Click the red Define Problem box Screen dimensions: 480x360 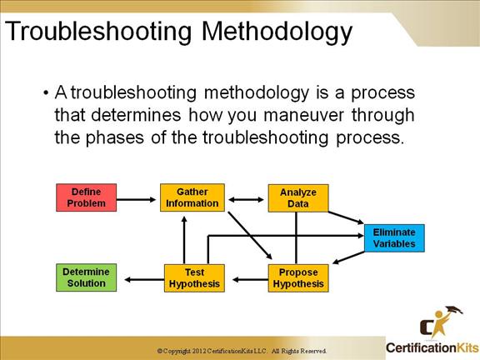(87, 197)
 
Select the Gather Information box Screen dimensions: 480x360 (192, 197)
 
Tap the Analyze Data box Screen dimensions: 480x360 (298, 198)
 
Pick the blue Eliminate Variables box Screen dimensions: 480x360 (394, 237)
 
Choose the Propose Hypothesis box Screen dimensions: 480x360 (298, 278)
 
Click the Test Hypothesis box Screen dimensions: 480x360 (194, 278)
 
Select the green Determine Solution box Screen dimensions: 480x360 (87, 277)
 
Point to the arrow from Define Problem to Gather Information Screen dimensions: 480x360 (136, 200)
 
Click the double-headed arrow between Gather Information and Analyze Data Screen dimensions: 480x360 (246, 200)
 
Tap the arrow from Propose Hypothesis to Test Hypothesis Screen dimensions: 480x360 (250, 279)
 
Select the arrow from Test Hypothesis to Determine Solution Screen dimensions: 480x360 (144, 279)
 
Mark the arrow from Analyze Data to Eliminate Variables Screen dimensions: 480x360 (346, 217)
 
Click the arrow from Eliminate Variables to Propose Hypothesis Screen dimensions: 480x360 (348, 257)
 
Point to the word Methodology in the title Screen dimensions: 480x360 (277, 32)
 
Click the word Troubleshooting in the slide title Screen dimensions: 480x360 (98, 32)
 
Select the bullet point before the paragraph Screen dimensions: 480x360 (46, 92)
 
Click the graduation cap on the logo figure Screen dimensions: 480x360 (454, 310)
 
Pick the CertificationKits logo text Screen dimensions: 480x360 (432, 348)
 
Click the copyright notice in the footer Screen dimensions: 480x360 (242, 351)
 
